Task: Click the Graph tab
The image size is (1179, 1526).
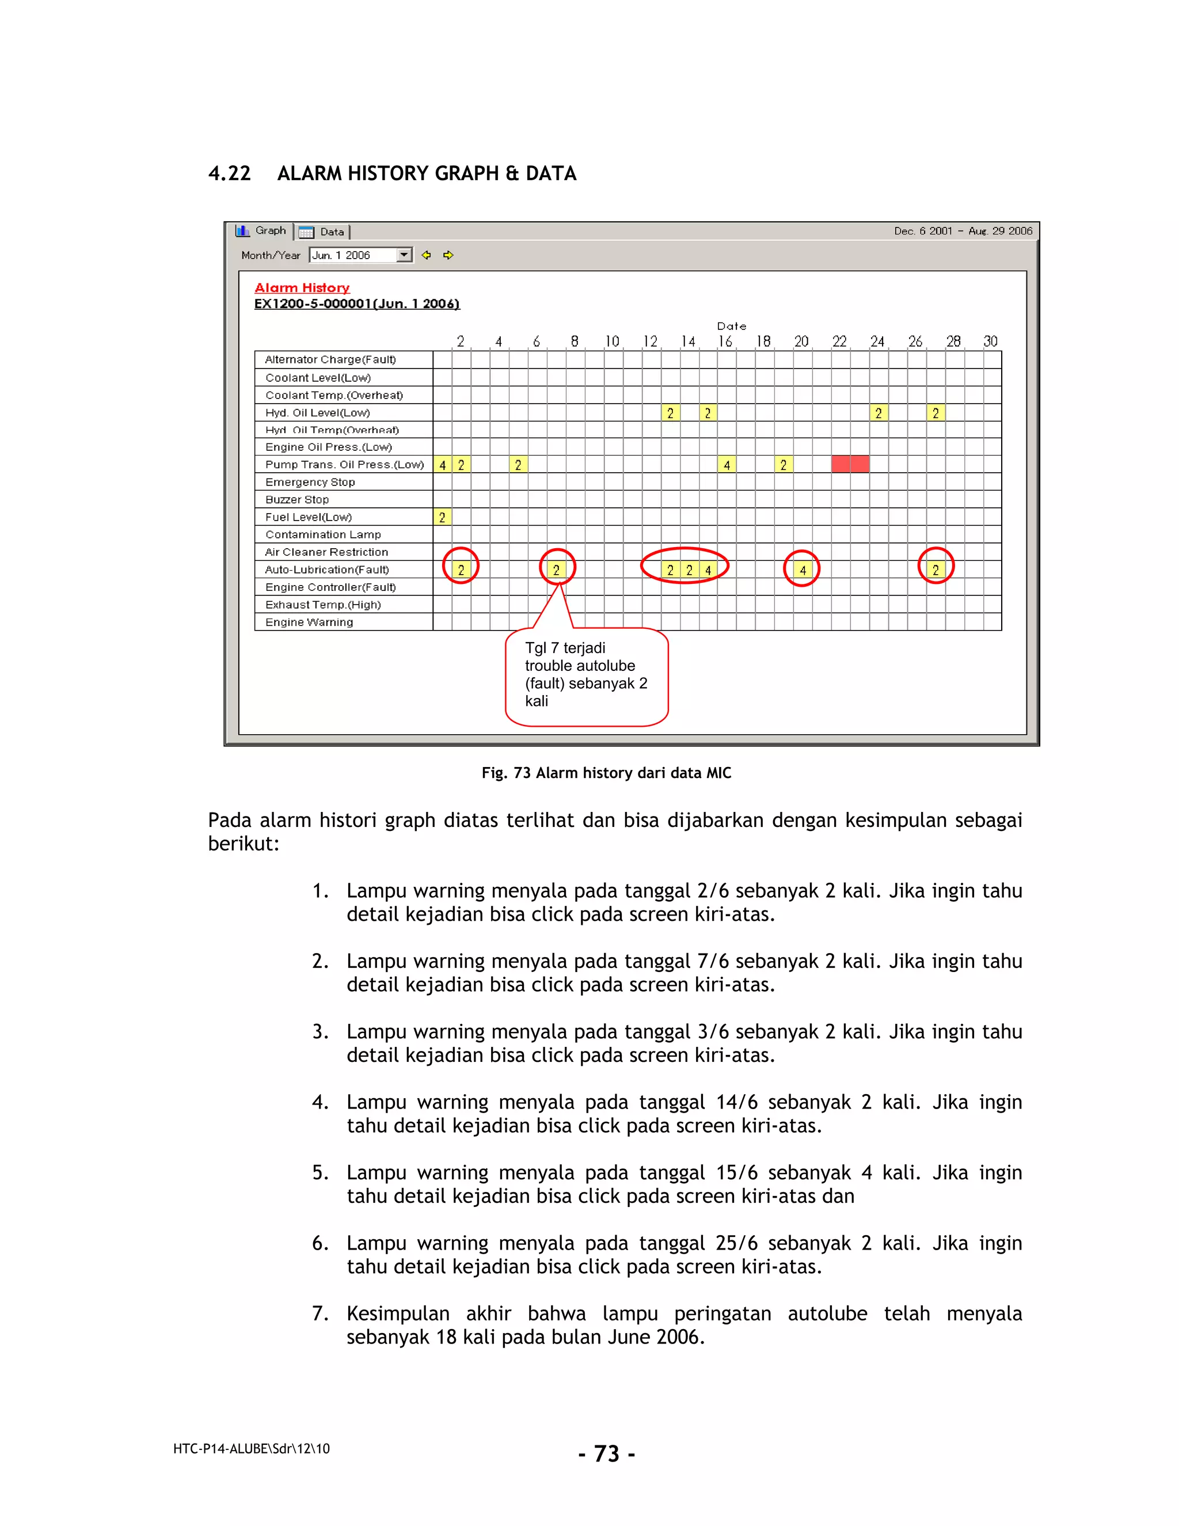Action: (261, 230)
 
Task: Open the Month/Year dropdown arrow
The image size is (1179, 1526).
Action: (404, 255)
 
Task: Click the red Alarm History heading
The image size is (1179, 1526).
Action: (302, 288)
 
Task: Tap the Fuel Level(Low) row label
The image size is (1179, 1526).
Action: (308, 517)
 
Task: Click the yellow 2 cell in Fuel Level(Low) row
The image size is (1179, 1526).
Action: (442, 518)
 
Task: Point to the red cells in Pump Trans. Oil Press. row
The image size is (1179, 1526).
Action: (850, 464)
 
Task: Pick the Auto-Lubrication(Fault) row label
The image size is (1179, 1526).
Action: (327, 570)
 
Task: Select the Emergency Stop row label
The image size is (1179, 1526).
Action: (310, 482)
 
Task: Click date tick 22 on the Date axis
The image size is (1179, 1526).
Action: (839, 341)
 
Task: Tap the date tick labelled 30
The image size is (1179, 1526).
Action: (990, 341)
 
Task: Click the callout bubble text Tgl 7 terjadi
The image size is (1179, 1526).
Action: (565, 648)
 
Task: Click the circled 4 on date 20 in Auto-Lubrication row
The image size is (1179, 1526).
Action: (803, 570)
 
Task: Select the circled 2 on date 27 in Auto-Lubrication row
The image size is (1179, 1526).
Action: (935, 570)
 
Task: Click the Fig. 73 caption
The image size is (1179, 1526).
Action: (606, 773)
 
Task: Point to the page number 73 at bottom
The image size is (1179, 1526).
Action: (606, 1453)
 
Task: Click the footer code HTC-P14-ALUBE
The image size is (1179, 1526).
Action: (251, 1448)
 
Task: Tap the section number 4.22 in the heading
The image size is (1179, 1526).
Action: (229, 173)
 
